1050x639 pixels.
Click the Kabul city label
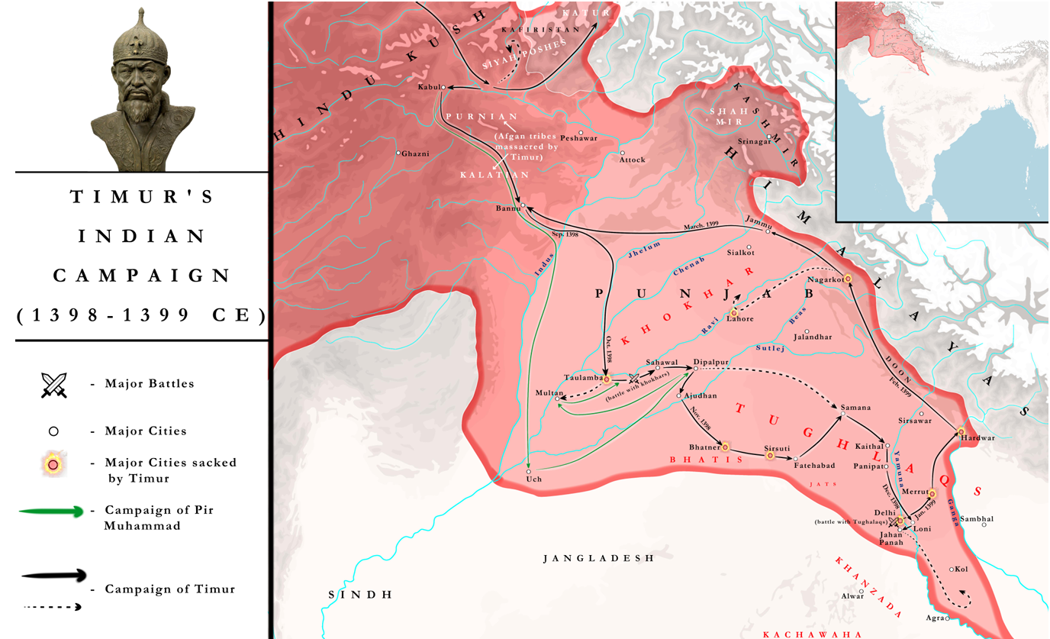click(428, 87)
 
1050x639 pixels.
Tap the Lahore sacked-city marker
click(734, 312)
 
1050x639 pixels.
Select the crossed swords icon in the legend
click(54, 384)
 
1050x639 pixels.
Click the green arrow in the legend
click(50, 512)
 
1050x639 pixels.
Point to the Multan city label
click(549, 392)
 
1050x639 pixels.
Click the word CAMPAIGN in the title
click(141, 276)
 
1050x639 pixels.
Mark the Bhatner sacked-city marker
click(726, 446)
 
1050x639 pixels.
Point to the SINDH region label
click(360, 595)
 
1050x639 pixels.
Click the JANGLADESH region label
click(598, 558)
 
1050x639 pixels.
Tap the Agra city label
click(934, 618)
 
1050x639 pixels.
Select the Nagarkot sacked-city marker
click(847, 279)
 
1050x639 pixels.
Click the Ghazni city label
click(416, 153)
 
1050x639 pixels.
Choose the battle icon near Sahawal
click(633, 378)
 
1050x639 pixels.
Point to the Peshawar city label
click(578, 138)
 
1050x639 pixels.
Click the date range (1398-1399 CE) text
click(141, 315)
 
